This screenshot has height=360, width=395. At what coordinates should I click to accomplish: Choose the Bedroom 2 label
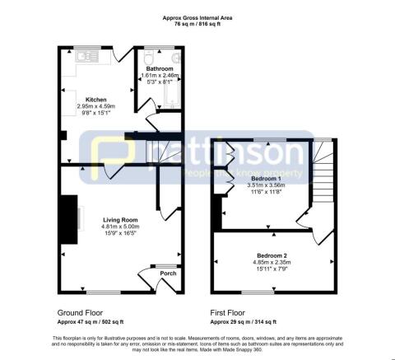[270, 256]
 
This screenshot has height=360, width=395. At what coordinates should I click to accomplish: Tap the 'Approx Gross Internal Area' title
[197, 16]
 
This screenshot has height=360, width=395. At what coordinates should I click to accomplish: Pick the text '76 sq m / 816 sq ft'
[197, 24]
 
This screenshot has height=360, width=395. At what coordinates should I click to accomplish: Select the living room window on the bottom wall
[103, 292]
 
